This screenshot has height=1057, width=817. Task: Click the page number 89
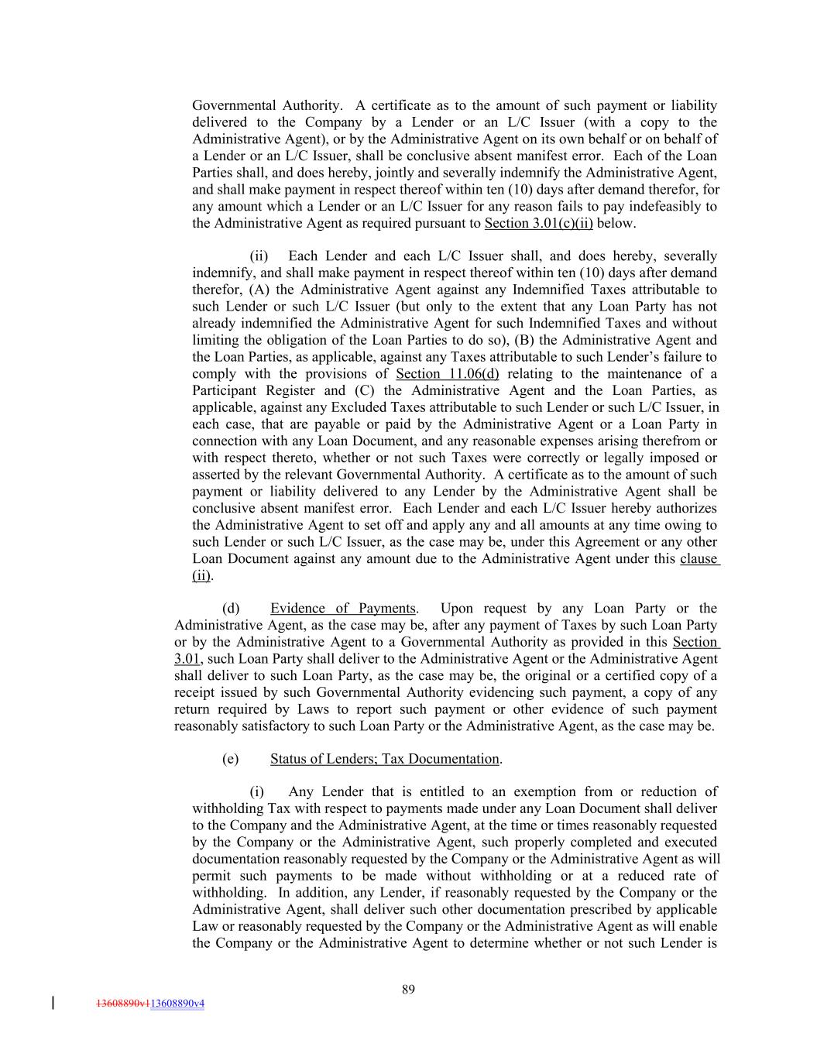[409, 989]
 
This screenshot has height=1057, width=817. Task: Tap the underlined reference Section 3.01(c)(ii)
[538, 224]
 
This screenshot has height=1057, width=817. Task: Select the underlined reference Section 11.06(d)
[447, 374]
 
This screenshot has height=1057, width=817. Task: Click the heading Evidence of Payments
[343, 609]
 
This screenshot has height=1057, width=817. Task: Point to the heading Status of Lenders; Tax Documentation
[384, 759]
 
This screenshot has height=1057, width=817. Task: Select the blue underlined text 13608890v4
[177, 1004]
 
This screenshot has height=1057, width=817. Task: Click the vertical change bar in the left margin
[53, 1003]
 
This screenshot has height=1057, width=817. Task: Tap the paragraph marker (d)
[230, 609]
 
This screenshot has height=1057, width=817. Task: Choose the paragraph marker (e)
[230, 759]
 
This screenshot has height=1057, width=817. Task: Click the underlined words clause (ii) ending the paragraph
[699, 559]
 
